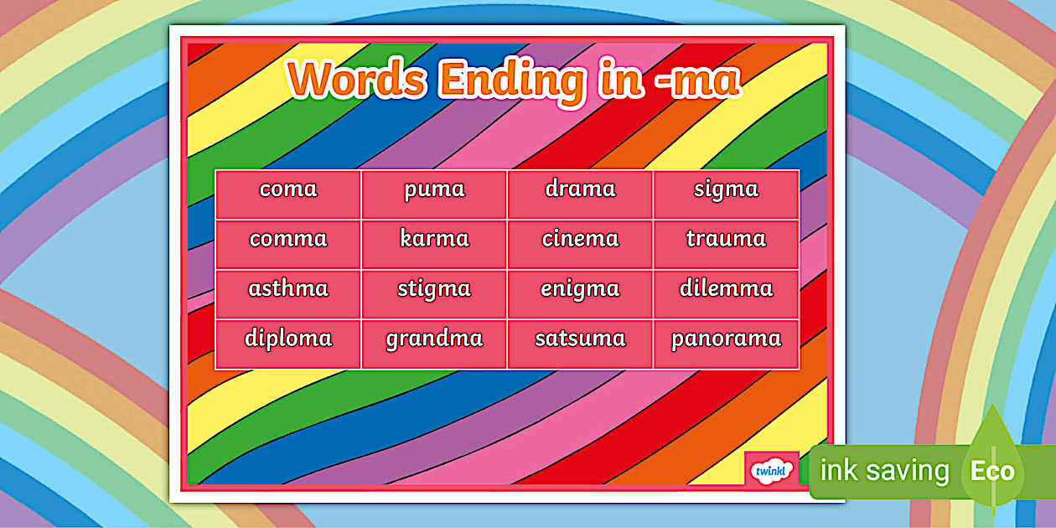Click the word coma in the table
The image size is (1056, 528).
(288, 189)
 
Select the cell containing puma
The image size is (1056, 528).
(434, 189)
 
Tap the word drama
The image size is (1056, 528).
(580, 189)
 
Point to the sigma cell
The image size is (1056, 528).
(726, 189)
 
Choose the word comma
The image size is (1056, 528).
(288, 239)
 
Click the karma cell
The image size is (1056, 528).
(434, 239)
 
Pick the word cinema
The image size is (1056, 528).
(580, 239)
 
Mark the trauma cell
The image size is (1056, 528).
(726, 239)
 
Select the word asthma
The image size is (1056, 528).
(288, 289)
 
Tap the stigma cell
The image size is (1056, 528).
(434, 290)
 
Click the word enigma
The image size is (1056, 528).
(580, 290)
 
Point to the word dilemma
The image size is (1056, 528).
(726, 289)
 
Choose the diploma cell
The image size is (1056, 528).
(288, 339)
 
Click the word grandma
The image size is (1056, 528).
(434, 339)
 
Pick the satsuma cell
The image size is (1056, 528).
(580, 339)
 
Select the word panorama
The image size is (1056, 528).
(726, 339)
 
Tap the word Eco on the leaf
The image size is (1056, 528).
(992, 471)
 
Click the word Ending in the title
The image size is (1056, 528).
(513, 81)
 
